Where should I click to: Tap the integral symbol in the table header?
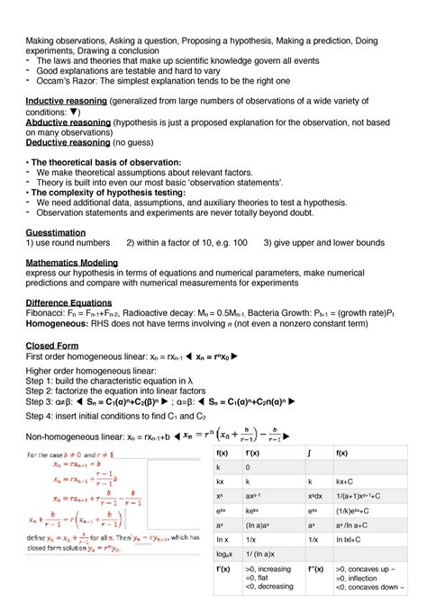coord(311,453)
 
